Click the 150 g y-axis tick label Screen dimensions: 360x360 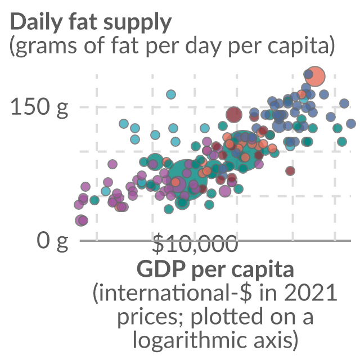coord(39,107)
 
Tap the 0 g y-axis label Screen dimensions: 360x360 coord(52,241)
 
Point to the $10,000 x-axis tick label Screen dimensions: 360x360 coord(195,244)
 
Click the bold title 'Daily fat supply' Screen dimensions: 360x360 coord(91,22)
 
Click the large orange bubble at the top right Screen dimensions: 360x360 coord(316,76)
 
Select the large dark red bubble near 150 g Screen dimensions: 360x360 coord(234,114)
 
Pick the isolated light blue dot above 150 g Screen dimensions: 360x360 coord(171,94)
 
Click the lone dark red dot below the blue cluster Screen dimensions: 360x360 coord(290,171)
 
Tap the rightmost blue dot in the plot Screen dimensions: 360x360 coord(350,124)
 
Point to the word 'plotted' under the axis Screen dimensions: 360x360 coord(227,316)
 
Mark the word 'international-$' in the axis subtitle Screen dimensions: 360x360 coord(172,292)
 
